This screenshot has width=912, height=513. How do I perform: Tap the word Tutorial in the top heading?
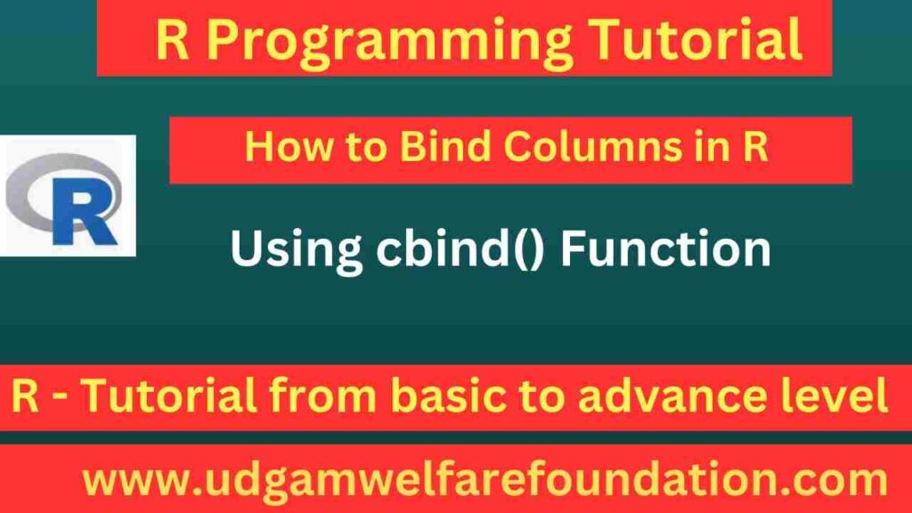(x=696, y=40)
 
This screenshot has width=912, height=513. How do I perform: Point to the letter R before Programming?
(x=173, y=40)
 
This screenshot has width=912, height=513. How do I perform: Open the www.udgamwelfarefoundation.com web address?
(x=484, y=481)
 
